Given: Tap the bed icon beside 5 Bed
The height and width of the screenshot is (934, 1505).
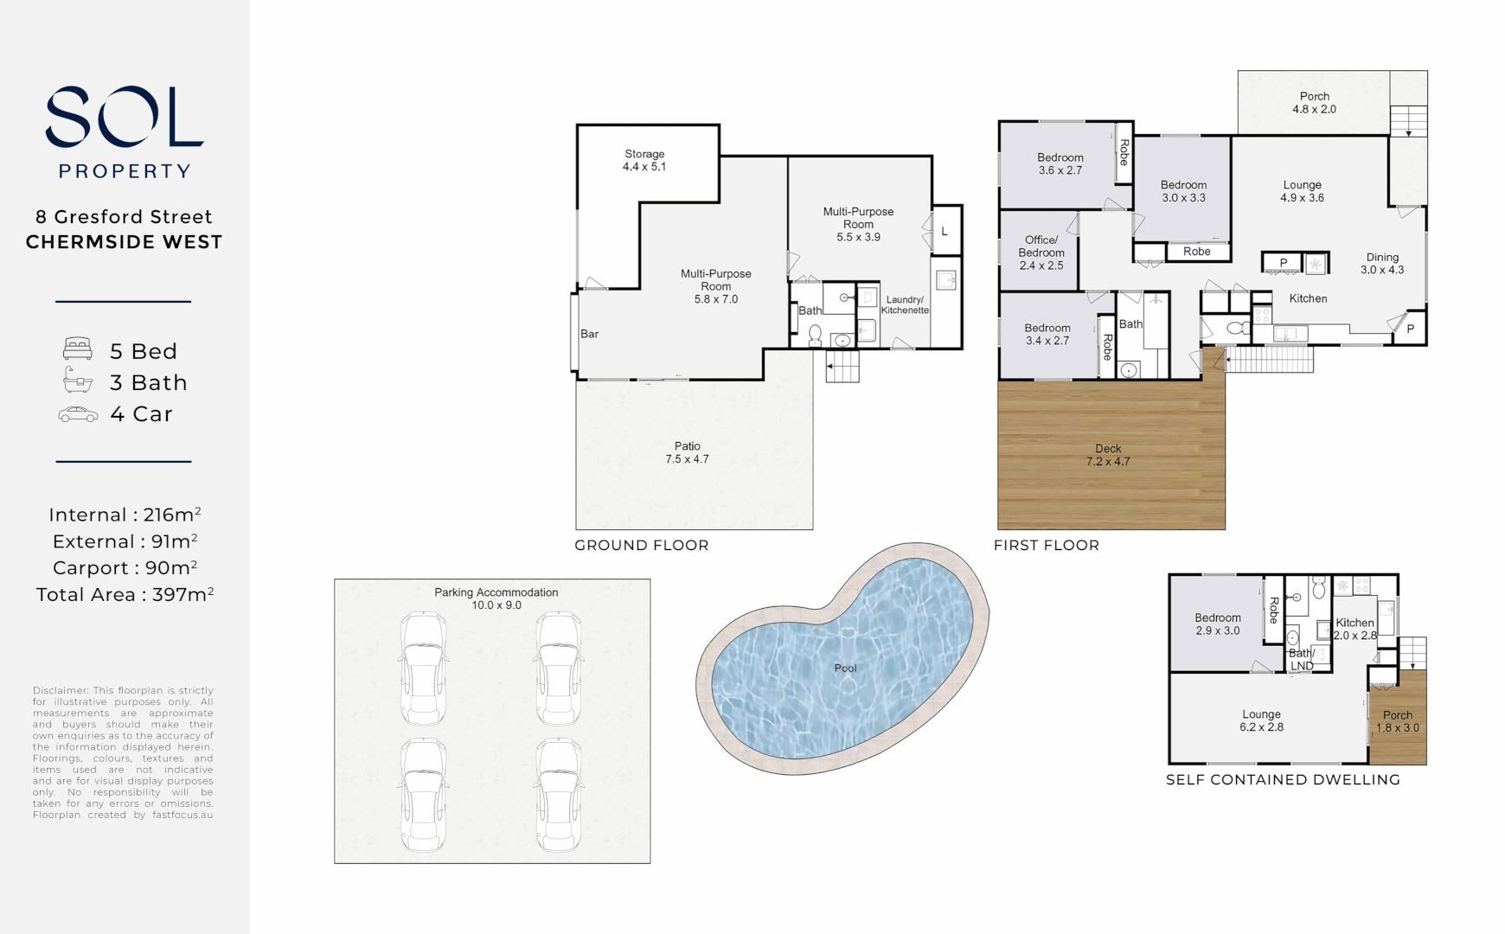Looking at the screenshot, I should [x=78, y=349].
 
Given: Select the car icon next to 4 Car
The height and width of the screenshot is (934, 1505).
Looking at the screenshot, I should [x=78, y=414].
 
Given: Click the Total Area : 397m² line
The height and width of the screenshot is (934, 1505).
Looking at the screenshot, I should [x=125, y=595].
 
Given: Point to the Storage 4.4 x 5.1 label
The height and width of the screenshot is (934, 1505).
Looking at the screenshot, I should [x=644, y=160].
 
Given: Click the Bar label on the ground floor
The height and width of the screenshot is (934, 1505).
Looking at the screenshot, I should [x=589, y=334].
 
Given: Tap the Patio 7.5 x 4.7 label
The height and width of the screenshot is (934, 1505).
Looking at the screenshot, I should [x=687, y=452].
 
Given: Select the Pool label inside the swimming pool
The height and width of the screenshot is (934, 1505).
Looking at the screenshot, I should [x=845, y=668].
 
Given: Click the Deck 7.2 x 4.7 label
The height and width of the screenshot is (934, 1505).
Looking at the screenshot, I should [x=1108, y=455].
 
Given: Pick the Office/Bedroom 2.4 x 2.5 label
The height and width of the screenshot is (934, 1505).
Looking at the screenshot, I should [x=1041, y=253].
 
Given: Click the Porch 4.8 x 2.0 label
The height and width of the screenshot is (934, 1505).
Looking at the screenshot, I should [x=1314, y=103].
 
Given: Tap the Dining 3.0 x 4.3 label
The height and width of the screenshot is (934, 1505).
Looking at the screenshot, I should [x=1381, y=263].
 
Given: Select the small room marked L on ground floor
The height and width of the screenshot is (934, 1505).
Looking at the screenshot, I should [x=945, y=232].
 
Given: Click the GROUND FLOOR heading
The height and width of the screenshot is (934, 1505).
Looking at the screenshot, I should [x=641, y=545].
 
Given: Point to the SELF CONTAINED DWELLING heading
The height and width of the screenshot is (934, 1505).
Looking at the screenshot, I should [x=1283, y=779].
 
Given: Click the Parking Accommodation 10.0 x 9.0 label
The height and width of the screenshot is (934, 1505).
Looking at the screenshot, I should [x=496, y=598].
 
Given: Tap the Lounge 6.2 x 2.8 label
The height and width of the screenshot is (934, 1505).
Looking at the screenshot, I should [x=1261, y=720].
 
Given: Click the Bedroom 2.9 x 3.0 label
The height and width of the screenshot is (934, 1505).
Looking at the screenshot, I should [x=1217, y=624].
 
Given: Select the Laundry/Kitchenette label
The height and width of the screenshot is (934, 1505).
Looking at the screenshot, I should [x=905, y=304].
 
